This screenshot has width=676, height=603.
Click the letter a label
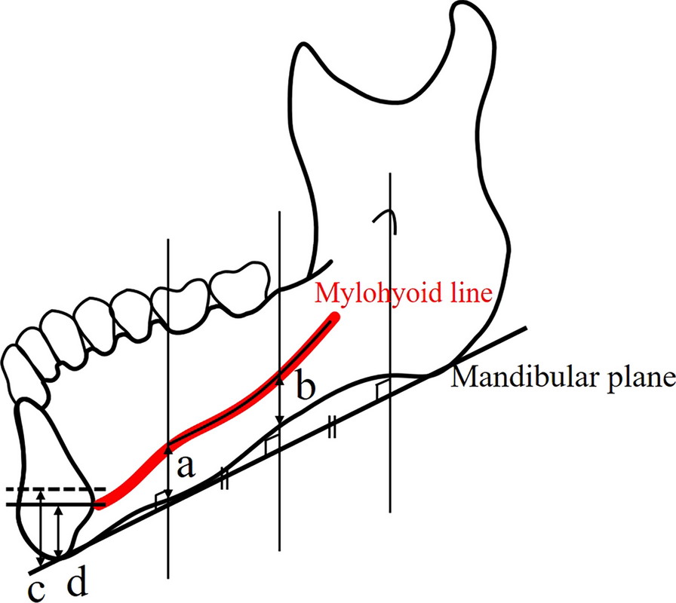click(185, 468)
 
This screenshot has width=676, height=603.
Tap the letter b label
click(304, 390)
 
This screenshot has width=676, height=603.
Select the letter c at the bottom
click(35, 589)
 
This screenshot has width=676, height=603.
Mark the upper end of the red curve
click(333, 320)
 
